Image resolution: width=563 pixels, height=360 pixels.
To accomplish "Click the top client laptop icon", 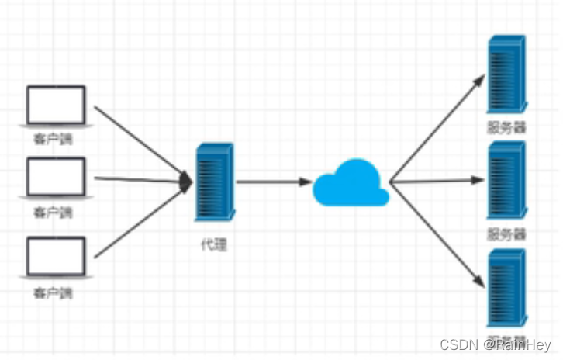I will (56, 106).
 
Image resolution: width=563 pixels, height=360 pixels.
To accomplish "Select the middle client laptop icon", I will (56, 178).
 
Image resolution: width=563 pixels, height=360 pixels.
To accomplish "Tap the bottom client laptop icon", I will (56, 257).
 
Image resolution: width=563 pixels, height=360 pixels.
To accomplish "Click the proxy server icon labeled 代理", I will (214, 182).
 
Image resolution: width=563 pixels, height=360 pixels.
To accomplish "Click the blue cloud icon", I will (351, 184).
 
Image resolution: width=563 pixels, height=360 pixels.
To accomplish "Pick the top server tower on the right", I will (506, 74).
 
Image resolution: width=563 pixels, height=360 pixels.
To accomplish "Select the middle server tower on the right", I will (506, 180).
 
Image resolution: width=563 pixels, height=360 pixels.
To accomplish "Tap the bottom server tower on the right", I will (506, 288).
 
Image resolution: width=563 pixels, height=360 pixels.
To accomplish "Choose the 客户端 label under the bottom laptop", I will (53, 292).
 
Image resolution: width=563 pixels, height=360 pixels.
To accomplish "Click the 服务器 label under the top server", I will (506, 127).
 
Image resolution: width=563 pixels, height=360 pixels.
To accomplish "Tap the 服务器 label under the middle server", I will (506, 234).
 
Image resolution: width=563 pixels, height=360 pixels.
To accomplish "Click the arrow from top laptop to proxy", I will (140, 141).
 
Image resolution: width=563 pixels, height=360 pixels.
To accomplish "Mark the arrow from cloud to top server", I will (437, 129).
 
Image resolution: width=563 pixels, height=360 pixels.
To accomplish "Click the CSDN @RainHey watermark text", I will (495, 344).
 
